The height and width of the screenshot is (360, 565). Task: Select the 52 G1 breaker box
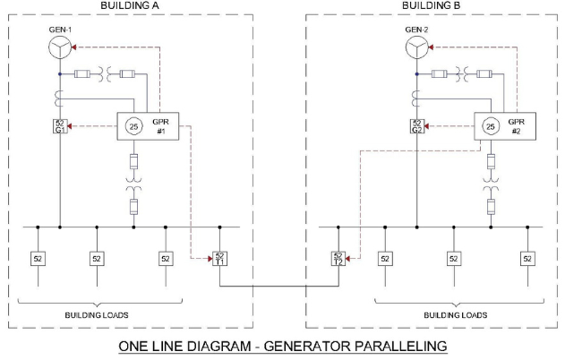pos(59,126)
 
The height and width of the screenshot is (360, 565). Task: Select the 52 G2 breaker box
pos(416,126)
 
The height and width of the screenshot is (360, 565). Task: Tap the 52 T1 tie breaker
pos(220,259)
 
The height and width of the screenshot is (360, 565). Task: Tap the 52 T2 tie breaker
pos(338,259)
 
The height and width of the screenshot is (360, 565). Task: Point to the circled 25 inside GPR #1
pos(133,126)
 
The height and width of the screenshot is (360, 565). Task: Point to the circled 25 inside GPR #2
pos(490,126)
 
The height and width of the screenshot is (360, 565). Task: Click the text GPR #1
pos(163,125)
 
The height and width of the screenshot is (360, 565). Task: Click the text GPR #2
pos(518,125)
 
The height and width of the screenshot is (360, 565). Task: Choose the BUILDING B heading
pos(432,5)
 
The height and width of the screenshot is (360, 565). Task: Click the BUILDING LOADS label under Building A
pos(101,315)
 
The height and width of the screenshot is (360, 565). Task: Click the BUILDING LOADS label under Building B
pos(456,315)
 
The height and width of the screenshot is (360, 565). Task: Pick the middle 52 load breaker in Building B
pos(453,259)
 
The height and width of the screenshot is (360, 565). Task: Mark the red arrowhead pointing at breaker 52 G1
pos(72,126)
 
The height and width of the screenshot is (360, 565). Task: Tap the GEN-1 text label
pos(59,30)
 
